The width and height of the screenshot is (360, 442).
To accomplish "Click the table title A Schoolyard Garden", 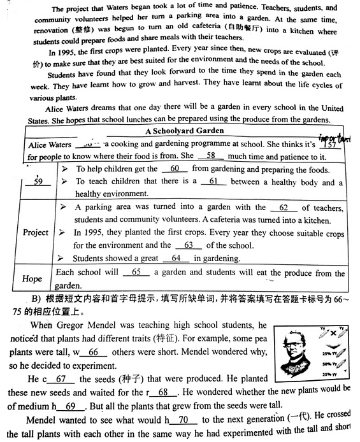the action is tap(184, 131).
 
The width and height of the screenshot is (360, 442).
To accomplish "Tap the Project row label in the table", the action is tap(36, 232).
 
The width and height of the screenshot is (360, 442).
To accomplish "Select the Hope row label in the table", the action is tap(32, 279).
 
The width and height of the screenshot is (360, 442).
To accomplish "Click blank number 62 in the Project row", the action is tap(284, 207).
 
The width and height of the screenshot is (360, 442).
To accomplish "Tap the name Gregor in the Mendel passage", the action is tap(71, 325).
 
